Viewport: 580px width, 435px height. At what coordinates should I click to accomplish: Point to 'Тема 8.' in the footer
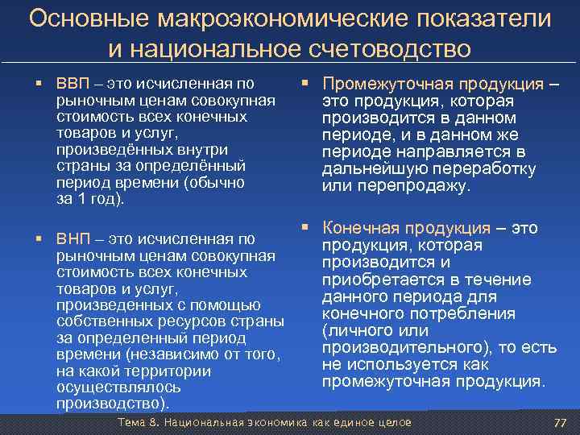click(x=139, y=423)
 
